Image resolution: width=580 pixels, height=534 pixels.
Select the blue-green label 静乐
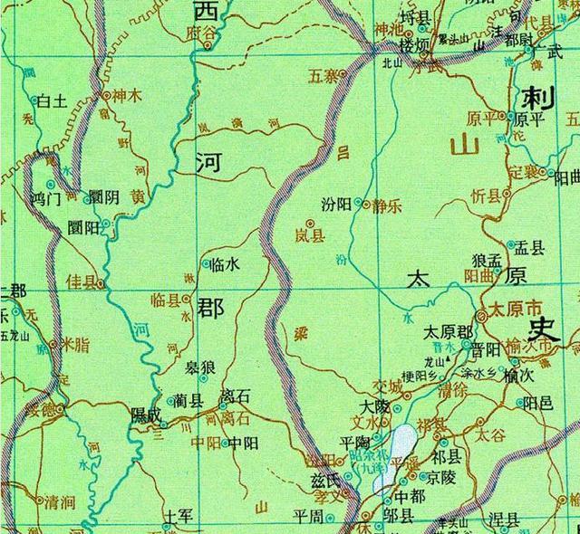[387, 205]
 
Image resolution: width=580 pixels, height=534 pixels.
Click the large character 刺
[538, 97]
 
